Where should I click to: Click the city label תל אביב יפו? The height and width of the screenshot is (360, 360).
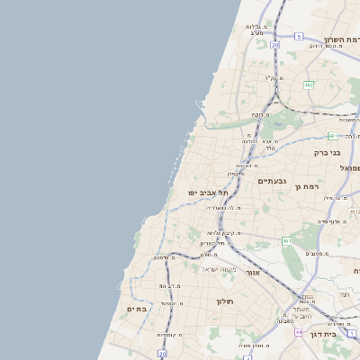point(208,193)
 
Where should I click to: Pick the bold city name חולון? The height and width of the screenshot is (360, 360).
point(224,301)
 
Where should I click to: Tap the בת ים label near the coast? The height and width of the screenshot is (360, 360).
point(136,309)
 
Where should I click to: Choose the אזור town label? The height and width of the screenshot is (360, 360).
point(252,272)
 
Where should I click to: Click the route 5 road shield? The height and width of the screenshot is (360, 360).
point(298,36)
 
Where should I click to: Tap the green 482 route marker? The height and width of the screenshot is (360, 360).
point(309,85)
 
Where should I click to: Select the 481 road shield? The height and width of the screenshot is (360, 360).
point(332,136)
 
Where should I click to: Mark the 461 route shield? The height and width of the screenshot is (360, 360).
point(287,241)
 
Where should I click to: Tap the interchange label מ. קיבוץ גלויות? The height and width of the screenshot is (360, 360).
point(216,232)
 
